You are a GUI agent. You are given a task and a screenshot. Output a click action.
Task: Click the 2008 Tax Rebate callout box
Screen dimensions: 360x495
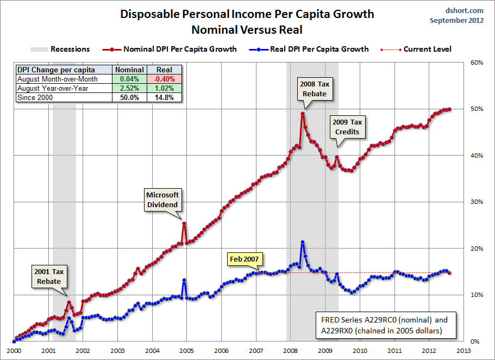click(x=315, y=89)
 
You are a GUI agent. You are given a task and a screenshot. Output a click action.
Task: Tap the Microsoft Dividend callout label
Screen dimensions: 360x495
click(x=162, y=200)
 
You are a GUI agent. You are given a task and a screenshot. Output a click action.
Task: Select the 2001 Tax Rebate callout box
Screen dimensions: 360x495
click(x=49, y=276)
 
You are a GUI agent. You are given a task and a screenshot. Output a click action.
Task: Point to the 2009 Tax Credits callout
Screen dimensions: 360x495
click(x=347, y=127)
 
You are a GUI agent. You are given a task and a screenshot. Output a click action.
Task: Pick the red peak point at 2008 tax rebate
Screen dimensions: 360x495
click(x=302, y=114)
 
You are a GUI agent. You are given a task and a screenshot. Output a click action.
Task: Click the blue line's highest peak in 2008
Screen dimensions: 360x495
click(x=302, y=242)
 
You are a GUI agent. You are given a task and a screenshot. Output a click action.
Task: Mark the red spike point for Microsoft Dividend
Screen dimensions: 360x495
click(x=184, y=224)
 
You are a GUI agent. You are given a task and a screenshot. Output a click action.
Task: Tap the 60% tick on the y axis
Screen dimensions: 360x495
click(x=477, y=63)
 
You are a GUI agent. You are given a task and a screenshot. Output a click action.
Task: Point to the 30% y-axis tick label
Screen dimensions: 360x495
click(x=477, y=202)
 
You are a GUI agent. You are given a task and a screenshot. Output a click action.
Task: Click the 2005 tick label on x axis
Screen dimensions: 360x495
click(x=186, y=351)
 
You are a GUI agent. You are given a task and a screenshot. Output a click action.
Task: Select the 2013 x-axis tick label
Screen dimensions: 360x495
click(x=463, y=351)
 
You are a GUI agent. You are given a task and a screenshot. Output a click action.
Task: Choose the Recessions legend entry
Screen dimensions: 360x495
click(x=60, y=49)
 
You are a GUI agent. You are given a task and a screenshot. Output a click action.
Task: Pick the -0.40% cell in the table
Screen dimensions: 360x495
click(x=164, y=78)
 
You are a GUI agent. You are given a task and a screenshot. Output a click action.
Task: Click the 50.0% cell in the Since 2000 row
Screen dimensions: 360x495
click(x=129, y=97)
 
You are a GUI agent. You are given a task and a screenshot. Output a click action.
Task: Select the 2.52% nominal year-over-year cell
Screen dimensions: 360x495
click(x=129, y=88)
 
